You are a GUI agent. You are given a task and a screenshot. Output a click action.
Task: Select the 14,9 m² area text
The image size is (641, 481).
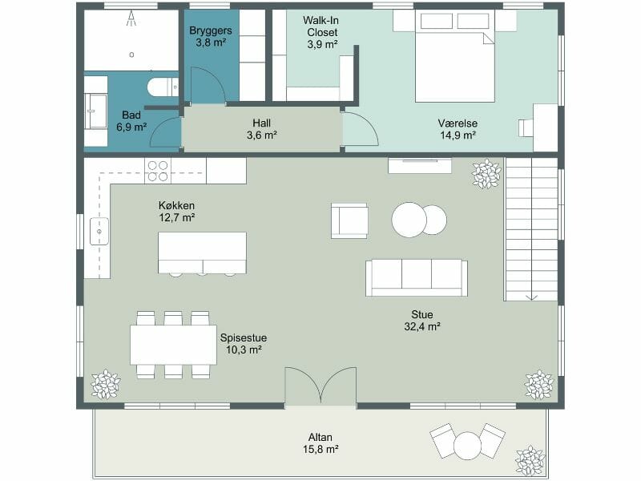coord(458,135)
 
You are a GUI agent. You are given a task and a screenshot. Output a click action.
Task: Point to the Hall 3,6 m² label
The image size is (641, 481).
coord(262,129)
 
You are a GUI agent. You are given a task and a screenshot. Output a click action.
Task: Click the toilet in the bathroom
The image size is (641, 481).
coord(163,87)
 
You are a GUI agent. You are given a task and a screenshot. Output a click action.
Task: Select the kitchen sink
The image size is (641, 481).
coord(99,231)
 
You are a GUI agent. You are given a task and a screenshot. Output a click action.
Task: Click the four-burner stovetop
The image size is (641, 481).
coord(158,171)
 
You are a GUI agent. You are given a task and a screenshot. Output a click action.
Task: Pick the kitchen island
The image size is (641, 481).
coord(203,253)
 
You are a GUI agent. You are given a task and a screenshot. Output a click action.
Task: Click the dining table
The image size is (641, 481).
coord(173,345)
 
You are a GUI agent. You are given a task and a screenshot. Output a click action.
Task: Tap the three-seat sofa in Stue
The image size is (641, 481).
coord(417,277)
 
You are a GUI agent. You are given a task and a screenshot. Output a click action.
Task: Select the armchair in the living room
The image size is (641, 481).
coord(349,220)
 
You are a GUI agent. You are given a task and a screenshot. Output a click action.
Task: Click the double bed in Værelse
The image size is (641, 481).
coord(455,56)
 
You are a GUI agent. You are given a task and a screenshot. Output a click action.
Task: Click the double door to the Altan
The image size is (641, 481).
coord(320,386)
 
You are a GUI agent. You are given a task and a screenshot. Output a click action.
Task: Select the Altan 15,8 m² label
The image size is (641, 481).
coord(320,443)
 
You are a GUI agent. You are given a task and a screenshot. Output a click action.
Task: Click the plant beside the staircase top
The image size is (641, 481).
coord(486,175)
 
